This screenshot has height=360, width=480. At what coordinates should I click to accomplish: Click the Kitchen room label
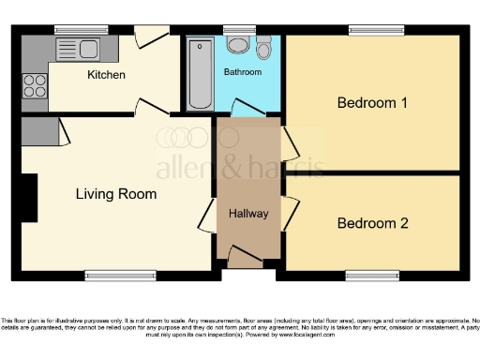point(106,75)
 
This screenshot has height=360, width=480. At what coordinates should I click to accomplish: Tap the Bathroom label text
point(243,72)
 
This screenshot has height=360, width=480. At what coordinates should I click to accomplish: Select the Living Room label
point(116,194)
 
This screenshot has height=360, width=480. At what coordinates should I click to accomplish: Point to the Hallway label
point(249,214)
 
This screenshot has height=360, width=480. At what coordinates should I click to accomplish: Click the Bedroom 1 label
point(372,103)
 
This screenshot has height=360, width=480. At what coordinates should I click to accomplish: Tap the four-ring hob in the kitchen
point(35,86)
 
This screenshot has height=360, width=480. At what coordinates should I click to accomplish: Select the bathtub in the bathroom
point(200,74)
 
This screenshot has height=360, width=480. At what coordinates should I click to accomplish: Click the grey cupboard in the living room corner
point(38,129)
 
